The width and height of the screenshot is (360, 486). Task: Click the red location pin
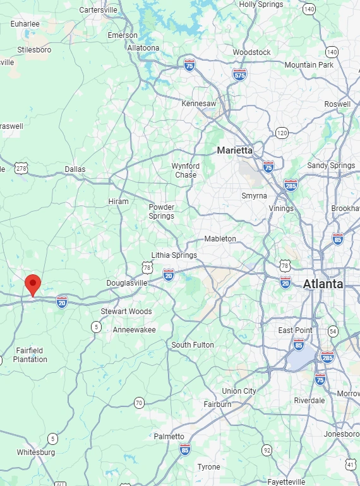[x=32, y=284]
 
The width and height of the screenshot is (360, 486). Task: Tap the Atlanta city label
[x=323, y=284]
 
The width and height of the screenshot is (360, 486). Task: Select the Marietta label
[x=234, y=150]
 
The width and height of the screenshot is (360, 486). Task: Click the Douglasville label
[x=126, y=282]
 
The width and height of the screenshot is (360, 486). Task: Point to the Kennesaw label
[x=198, y=103]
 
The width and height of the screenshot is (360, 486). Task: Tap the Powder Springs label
[x=161, y=212]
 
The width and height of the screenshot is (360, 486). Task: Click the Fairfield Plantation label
[x=30, y=355]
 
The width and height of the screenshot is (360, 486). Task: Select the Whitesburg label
[x=35, y=453]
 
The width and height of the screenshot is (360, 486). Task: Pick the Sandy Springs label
[x=331, y=166]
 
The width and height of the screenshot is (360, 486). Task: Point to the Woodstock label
[x=251, y=52]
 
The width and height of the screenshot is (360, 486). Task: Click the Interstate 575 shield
[x=239, y=74]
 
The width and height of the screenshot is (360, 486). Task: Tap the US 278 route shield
[x=22, y=168]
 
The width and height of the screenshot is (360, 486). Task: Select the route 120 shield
[x=282, y=133]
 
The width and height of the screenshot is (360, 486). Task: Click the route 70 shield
[x=139, y=403]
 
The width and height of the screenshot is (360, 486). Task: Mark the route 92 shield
[x=267, y=450]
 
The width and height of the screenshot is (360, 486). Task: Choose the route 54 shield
[x=333, y=331]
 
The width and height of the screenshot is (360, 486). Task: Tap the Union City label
[x=239, y=391]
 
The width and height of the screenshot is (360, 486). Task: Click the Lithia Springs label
[x=174, y=255]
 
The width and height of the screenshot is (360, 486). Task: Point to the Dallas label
[x=75, y=169]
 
